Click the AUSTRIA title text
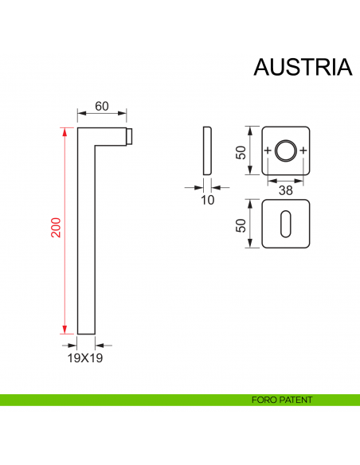click(x=302, y=67)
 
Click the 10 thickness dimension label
click(x=207, y=201)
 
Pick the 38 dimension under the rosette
click(x=285, y=190)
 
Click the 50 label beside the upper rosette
click(x=241, y=151)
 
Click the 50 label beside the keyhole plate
click(x=241, y=225)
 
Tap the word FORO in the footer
click(x=260, y=400)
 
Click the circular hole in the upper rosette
click(x=285, y=150)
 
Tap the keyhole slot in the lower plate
click(x=285, y=225)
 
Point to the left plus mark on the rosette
click(x=268, y=151)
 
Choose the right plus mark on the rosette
click(x=303, y=151)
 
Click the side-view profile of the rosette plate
click(x=207, y=150)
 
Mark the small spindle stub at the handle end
click(x=130, y=136)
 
